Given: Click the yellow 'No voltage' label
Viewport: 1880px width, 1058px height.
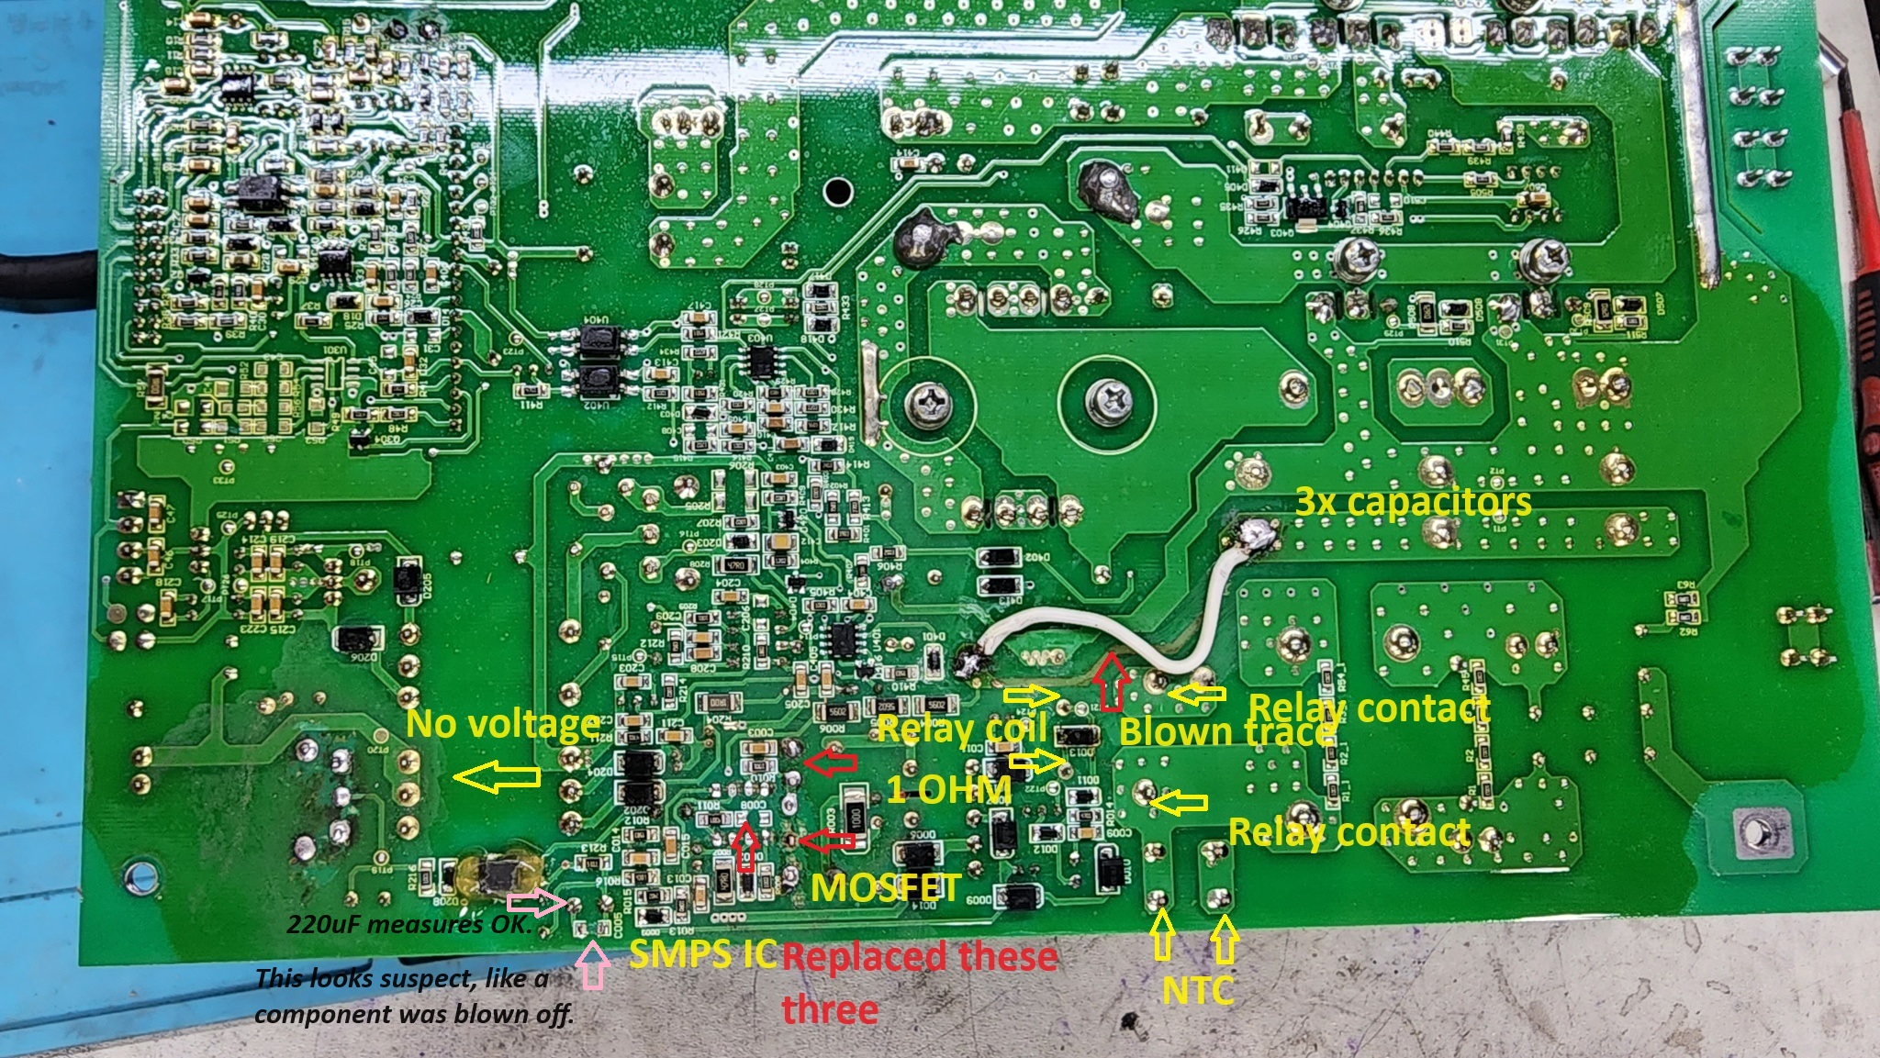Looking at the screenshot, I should (503, 724).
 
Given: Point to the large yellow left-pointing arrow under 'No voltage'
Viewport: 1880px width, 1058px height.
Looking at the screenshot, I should (497, 779).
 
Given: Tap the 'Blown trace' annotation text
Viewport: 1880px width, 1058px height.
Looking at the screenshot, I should (1225, 731).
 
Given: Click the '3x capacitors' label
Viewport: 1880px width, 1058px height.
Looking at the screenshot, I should (1413, 502).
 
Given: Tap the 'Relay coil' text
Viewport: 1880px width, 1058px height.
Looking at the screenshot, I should (962, 729).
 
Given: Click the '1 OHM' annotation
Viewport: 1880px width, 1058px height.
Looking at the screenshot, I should (948, 789).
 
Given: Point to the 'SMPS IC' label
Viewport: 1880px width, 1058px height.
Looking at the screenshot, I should (702, 954).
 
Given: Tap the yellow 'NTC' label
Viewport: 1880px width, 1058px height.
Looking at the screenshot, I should (1197, 990).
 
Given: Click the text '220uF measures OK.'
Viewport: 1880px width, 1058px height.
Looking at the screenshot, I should (409, 924).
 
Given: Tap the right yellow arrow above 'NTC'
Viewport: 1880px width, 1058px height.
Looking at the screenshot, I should (1224, 938).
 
